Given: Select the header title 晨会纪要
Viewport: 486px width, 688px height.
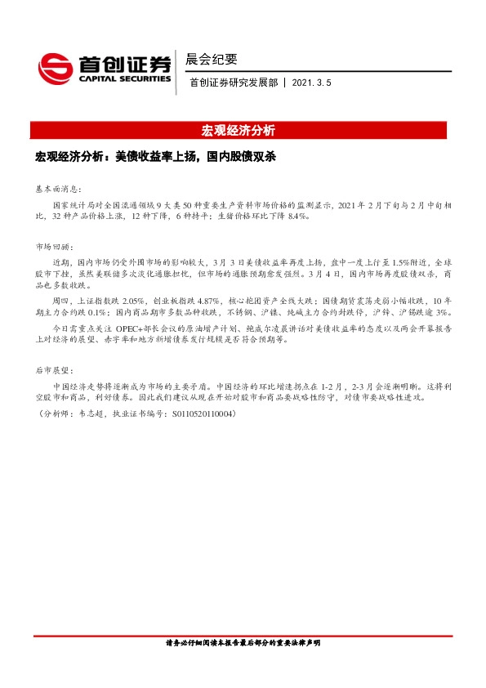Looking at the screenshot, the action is point(212,59).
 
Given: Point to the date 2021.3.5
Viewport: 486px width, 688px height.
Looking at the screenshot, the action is point(310,83).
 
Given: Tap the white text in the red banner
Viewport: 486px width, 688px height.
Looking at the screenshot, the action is point(243,131).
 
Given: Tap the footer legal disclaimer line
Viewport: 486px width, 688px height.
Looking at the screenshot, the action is point(243,643).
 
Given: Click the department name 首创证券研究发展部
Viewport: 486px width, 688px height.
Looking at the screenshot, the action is point(233,83).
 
